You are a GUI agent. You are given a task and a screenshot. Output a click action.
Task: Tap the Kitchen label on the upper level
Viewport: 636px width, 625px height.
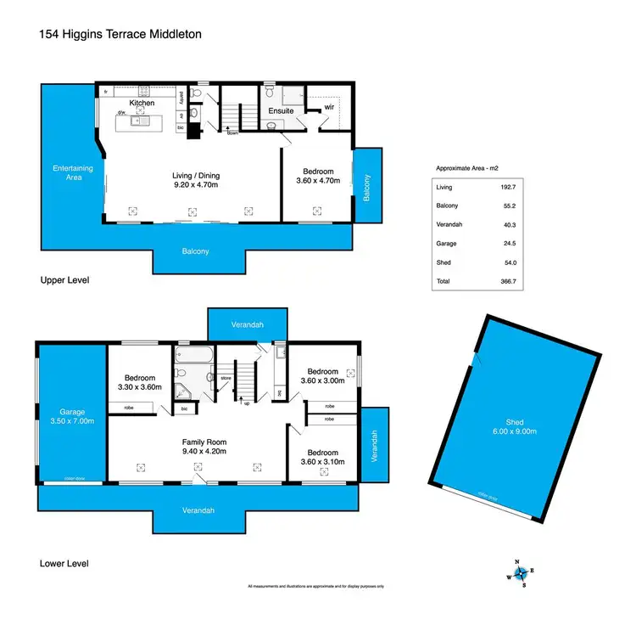(141, 103)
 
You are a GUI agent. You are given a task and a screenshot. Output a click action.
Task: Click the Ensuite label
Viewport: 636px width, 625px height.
(281, 110)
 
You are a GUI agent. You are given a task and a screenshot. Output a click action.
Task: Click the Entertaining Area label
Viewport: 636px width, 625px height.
(71, 172)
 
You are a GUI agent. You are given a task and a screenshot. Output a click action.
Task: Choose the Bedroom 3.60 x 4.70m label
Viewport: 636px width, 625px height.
(317, 175)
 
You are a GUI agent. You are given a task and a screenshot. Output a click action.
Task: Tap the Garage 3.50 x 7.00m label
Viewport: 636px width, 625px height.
(70, 416)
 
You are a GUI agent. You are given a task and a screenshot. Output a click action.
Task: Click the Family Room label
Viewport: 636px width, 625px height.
(204, 447)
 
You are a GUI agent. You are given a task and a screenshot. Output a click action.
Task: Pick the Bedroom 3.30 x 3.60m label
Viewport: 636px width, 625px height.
(139, 382)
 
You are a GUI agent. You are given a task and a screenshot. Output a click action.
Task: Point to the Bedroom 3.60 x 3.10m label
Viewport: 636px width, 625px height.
(322, 457)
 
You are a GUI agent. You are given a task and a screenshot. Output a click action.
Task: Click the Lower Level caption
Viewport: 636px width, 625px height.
(64, 563)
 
